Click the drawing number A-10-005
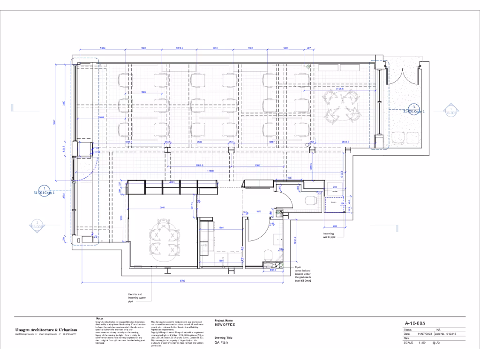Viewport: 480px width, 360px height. coord(415,323)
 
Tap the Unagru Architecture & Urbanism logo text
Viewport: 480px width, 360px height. coord(46,330)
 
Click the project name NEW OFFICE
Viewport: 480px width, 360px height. coord(225,324)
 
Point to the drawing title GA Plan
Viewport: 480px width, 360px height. coord(220,343)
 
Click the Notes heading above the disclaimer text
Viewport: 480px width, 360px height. coord(99,318)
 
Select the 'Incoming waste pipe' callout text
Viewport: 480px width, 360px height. coord(330,235)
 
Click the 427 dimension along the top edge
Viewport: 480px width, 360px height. coord(308,48)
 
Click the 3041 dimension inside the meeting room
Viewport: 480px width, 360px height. coord(163,207)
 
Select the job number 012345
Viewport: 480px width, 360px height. coord(451,334)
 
